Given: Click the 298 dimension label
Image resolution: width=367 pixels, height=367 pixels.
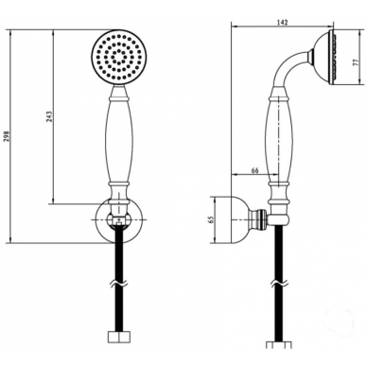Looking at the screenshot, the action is [8, 136].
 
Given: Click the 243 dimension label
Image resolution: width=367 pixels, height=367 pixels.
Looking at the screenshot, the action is [49, 116].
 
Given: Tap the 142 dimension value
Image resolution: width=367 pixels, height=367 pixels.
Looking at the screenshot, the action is [283, 23].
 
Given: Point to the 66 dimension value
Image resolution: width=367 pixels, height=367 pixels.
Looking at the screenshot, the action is [254, 170].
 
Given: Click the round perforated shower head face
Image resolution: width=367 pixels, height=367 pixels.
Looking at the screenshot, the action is [119, 58].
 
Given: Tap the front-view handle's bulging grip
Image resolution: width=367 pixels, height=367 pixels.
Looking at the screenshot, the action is [119, 140].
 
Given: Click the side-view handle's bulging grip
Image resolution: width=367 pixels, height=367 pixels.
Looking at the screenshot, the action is [279, 140].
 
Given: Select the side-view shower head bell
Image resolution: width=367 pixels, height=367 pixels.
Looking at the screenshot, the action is [324, 58].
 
